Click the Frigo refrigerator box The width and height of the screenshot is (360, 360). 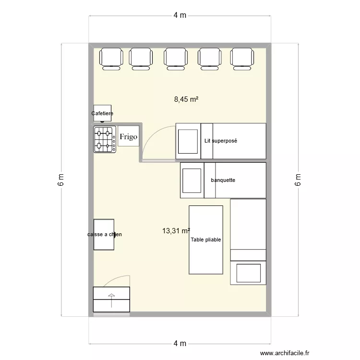pyautogui.click(x=128, y=137)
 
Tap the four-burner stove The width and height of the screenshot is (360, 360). pyautogui.click(x=104, y=139)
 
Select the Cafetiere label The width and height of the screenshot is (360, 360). pyautogui.click(x=102, y=114)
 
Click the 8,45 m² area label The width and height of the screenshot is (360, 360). pyautogui.click(x=186, y=99)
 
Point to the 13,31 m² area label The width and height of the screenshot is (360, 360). pyautogui.click(x=176, y=231)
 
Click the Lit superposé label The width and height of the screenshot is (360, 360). pyautogui.click(x=221, y=141)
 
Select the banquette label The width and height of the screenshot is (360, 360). pyautogui.click(x=223, y=180)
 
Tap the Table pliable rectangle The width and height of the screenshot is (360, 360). pyautogui.click(x=206, y=240)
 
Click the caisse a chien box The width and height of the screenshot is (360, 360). pyautogui.click(x=104, y=235)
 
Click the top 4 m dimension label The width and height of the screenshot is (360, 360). pyautogui.click(x=180, y=15)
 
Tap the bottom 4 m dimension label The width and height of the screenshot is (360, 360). pyautogui.click(x=180, y=343)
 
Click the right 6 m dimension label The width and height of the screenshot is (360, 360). pyautogui.click(x=298, y=180)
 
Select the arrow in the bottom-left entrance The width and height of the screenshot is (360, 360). pyautogui.click(x=112, y=300)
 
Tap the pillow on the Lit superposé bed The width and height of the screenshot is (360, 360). pyautogui.click(x=188, y=141)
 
